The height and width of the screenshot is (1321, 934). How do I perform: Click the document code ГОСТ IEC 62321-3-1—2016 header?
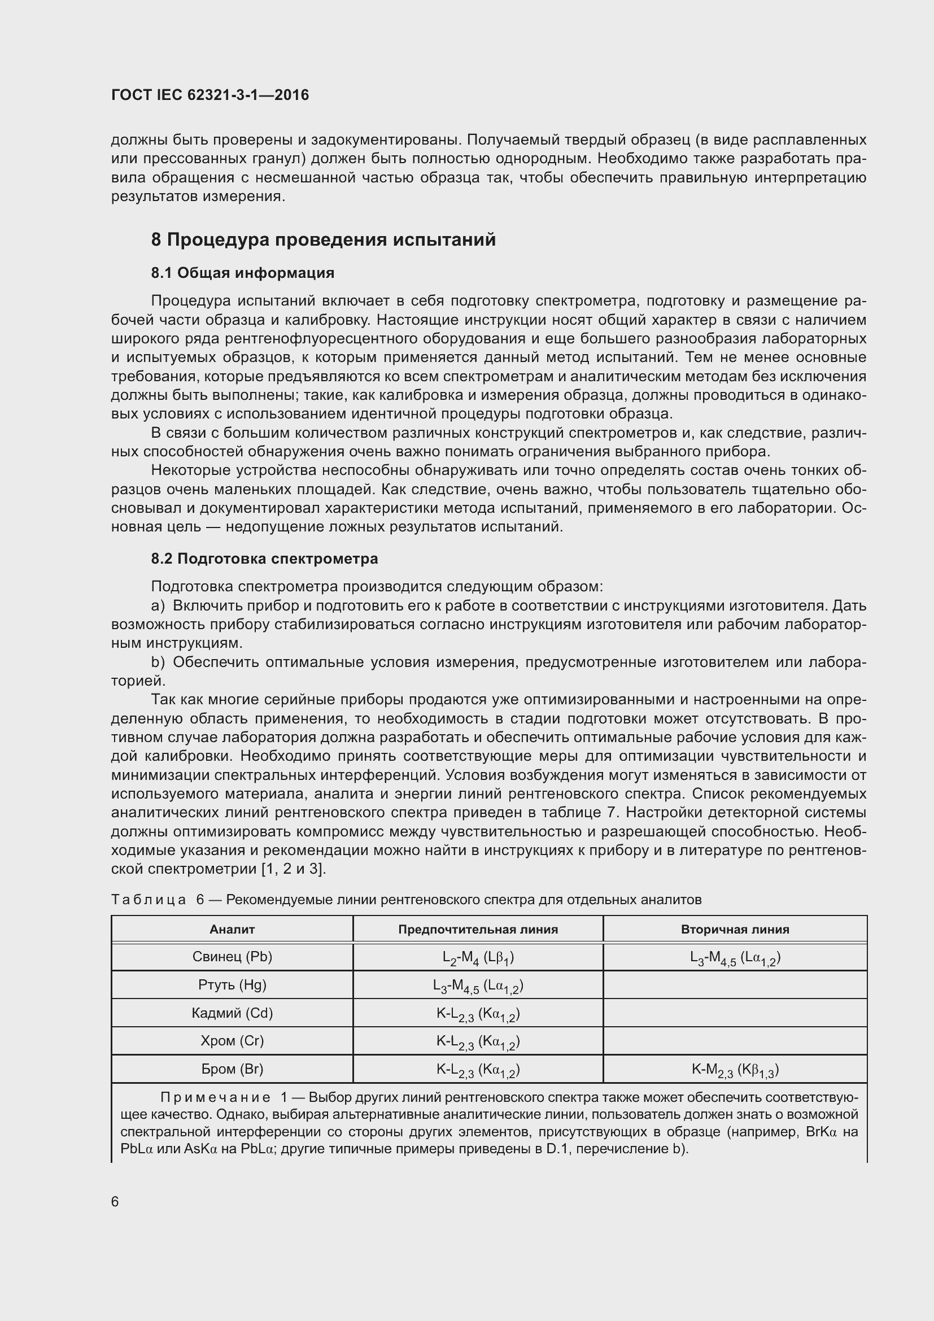pyautogui.click(x=210, y=95)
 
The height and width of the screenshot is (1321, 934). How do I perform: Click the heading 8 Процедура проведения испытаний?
pyautogui.click(x=323, y=239)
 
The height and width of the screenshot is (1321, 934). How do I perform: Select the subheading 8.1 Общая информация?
pyautogui.click(x=243, y=273)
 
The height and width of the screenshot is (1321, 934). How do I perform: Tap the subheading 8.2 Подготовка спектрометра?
pyautogui.click(x=264, y=559)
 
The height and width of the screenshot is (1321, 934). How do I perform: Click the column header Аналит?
pyautogui.click(x=232, y=929)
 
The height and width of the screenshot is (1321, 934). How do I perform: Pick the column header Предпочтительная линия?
pyautogui.click(x=478, y=929)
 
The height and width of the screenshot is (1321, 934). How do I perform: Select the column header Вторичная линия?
pyautogui.click(x=735, y=929)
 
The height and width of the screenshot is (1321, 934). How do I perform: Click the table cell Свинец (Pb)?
pyautogui.click(x=232, y=957)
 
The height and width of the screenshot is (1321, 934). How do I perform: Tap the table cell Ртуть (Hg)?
pyautogui.click(x=232, y=985)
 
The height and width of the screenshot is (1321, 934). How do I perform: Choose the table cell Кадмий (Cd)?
pyautogui.click(x=232, y=1013)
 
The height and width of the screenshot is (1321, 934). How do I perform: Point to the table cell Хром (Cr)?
pyautogui.click(x=232, y=1041)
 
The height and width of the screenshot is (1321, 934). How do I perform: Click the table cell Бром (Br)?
pyautogui.click(x=232, y=1069)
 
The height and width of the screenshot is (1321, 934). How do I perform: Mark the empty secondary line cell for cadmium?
pyautogui.click(x=735, y=1013)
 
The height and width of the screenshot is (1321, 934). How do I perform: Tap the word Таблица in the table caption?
pyautogui.click(x=149, y=900)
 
